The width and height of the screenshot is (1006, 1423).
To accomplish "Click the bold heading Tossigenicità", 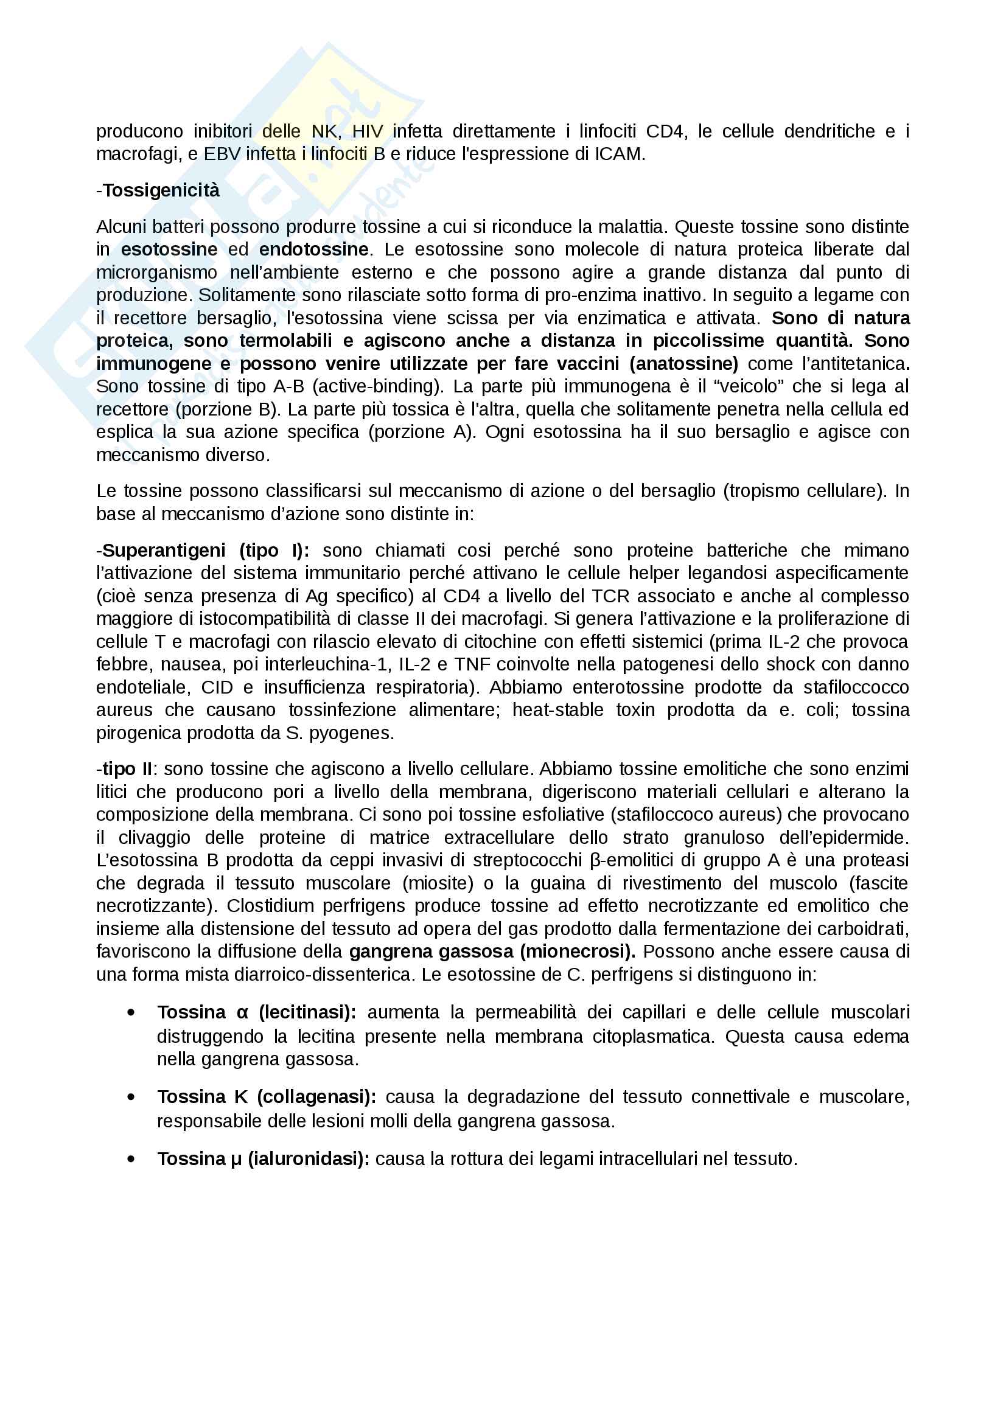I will [161, 190].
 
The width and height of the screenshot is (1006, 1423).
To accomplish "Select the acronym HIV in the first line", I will [368, 131].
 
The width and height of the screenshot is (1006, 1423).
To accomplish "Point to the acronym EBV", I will [221, 155].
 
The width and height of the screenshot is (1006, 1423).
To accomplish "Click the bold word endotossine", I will [313, 250].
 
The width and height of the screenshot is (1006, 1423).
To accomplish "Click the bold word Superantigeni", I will [164, 551].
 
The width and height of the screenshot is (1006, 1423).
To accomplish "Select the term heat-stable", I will [558, 710].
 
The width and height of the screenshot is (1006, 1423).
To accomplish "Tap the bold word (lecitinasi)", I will [307, 1012].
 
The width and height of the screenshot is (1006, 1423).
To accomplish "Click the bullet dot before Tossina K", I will [131, 1097].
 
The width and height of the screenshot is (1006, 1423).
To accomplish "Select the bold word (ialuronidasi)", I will [308, 1159].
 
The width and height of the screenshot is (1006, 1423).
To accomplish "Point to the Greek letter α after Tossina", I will [242, 1013].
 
